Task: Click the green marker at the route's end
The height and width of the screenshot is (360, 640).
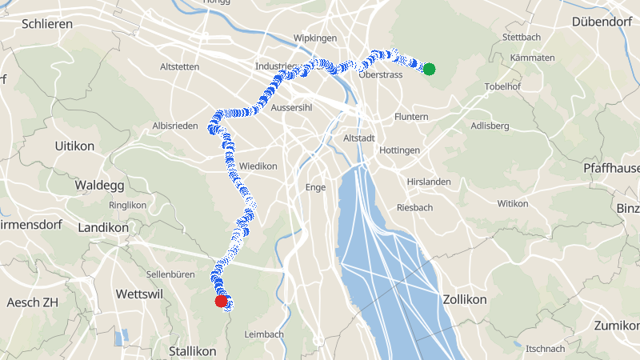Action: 429,69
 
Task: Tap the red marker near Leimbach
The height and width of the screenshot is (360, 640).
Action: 222,302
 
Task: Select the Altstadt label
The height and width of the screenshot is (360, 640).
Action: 358,138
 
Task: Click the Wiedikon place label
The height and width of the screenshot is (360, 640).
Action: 258,166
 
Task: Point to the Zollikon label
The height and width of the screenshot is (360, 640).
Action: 465,299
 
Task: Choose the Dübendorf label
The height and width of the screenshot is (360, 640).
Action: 602,22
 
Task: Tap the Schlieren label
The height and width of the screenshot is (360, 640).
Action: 47,24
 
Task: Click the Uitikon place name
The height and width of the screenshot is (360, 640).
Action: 75,146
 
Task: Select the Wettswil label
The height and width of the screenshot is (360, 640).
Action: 139,294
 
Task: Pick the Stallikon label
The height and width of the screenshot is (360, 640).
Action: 192,351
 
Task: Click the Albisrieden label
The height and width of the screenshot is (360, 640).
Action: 174,126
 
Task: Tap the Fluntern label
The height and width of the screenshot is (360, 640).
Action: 411,117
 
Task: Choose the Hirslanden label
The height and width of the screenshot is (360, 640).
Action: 429,182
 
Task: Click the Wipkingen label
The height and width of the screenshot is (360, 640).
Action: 315,38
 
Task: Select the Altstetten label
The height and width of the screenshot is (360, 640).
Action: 179,66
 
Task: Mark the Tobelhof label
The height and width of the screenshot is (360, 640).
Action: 503,86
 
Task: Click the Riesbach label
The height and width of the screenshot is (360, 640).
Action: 414,207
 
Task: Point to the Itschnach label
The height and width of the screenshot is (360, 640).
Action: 545,349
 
